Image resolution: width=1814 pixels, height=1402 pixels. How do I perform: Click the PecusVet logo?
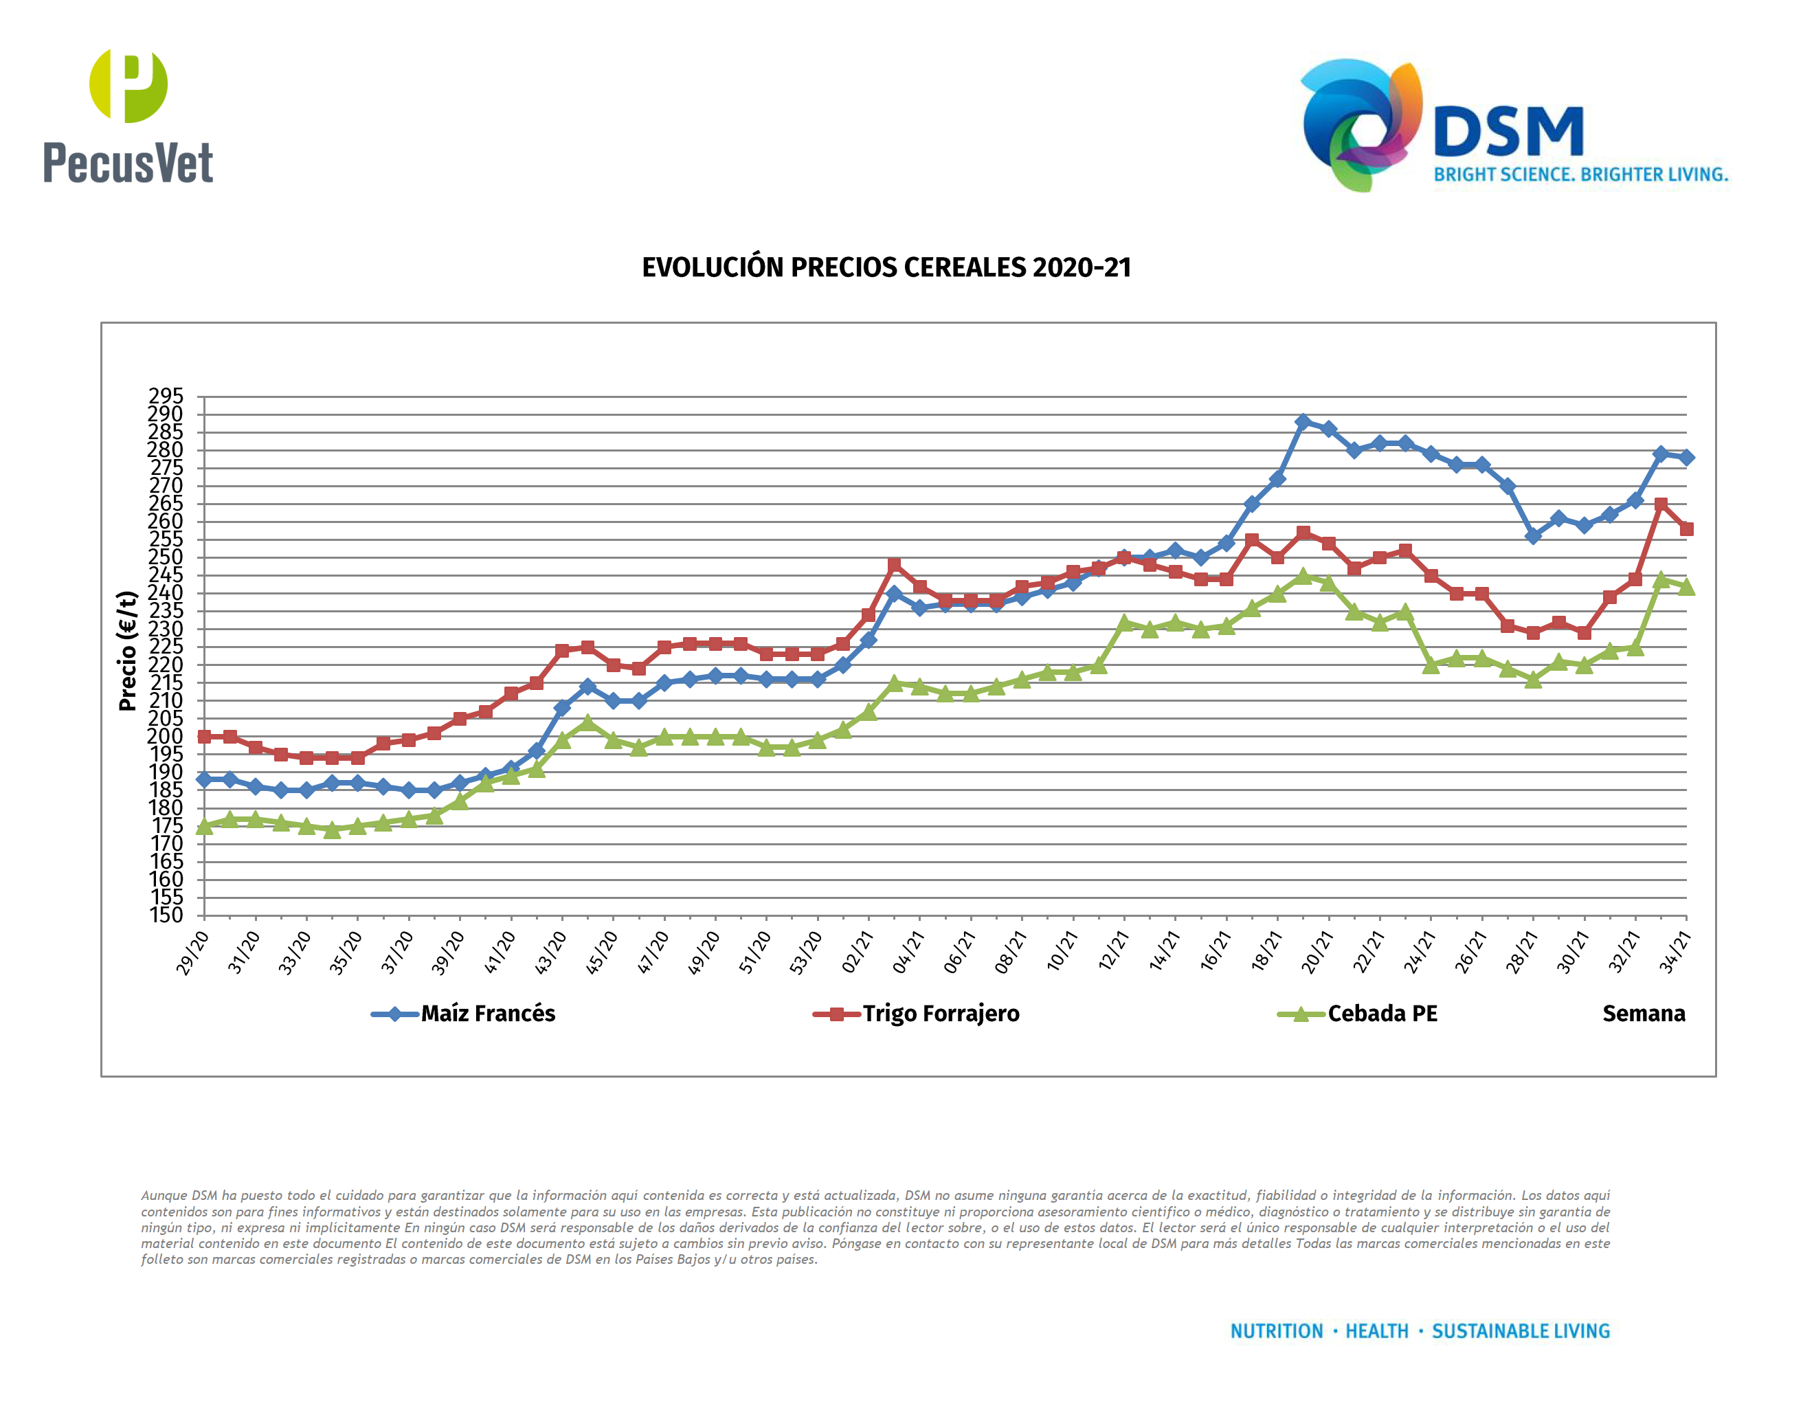pyautogui.click(x=128, y=116)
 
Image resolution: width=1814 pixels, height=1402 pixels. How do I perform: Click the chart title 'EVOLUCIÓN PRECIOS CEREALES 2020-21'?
pyautogui.click(x=886, y=267)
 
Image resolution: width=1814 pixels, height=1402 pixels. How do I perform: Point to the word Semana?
pyautogui.click(x=1643, y=1014)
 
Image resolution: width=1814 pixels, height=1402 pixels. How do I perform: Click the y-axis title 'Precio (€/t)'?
pyautogui.click(x=127, y=651)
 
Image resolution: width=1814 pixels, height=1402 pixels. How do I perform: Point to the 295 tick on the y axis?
pyautogui.click(x=166, y=396)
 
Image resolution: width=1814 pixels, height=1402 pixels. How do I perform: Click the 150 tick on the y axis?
pyautogui.click(x=166, y=915)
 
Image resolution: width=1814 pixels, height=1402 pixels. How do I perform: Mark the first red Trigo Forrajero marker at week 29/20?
pyautogui.click(x=204, y=737)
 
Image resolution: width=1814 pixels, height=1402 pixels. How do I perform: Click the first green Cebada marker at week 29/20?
pyautogui.click(x=204, y=826)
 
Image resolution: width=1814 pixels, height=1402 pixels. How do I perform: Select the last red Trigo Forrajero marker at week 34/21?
pyautogui.click(x=1686, y=529)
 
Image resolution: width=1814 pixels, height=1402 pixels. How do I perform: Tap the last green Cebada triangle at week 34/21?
pyautogui.click(x=1686, y=587)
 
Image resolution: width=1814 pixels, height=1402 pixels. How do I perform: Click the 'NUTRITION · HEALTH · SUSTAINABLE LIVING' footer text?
pyautogui.click(x=1420, y=1331)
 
